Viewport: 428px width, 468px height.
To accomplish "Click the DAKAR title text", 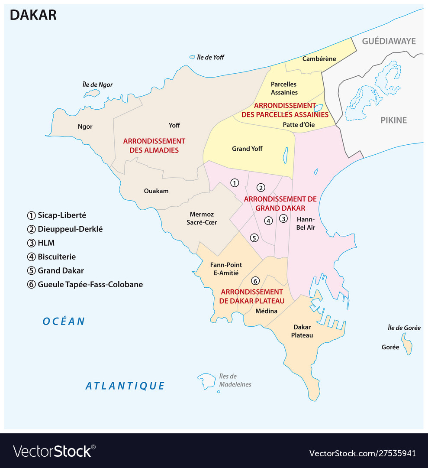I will (x=33, y=15).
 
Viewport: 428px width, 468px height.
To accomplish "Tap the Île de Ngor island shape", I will (x=92, y=93).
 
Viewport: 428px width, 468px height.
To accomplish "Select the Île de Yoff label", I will (x=210, y=57).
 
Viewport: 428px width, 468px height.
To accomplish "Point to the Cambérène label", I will (x=319, y=59).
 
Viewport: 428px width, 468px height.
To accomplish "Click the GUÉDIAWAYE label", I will (x=389, y=41).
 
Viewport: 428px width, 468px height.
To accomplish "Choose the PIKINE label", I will (x=393, y=120).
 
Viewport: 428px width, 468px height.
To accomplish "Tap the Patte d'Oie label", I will (x=299, y=125).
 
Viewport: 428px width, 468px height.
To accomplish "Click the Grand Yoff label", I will (x=247, y=149).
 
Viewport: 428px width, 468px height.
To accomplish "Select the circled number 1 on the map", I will (x=234, y=183).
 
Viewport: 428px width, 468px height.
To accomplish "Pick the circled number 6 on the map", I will (x=255, y=281).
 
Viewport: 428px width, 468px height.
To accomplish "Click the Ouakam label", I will (x=156, y=191).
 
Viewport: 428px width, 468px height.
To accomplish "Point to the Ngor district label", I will (x=85, y=127).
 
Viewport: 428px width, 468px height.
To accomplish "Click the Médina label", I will (x=266, y=311).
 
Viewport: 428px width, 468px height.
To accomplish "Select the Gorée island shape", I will (x=407, y=344).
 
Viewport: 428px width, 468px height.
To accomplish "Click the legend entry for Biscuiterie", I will (x=56, y=257).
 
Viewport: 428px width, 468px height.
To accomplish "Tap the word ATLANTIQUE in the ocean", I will (x=125, y=386).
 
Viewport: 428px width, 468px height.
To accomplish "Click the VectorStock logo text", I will (x=54, y=451).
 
